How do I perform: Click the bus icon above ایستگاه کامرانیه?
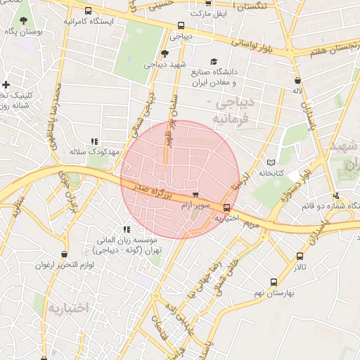(88, 11)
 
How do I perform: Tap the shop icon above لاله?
(299, 80)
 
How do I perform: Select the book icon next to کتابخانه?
(271, 162)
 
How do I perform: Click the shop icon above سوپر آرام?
(195, 195)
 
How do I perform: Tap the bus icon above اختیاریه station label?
(226, 207)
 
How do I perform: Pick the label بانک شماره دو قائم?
(320, 206)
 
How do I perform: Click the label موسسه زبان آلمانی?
(127, 240)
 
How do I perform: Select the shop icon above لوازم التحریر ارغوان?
(65, 254)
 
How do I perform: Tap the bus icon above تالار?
(301, 257)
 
